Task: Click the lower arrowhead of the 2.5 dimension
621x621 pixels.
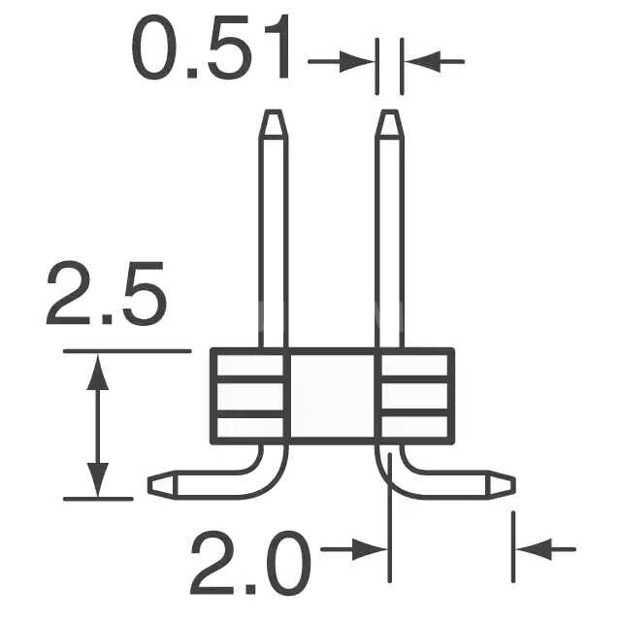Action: click(97, 483)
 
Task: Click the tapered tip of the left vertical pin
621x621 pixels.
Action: click(274, 123)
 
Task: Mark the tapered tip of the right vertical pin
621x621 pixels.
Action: click(388, 123)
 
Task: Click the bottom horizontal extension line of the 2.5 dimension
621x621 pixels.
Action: click(97, 499)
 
